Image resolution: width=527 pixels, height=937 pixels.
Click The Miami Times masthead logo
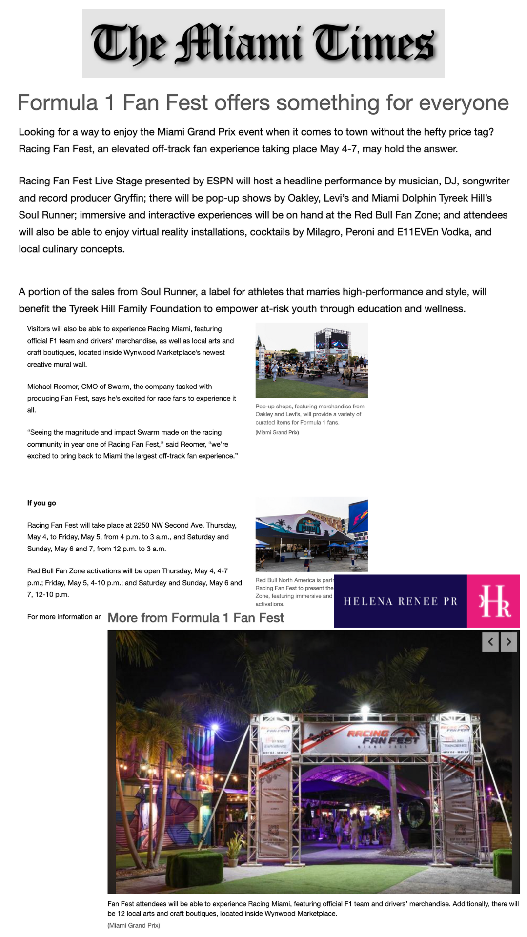click(263, 43)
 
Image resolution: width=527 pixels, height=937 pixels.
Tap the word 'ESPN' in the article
click(220, 181)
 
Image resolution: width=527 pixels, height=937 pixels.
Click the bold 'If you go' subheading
click(41, 503)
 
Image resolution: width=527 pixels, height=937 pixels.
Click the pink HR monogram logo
click(494, 601)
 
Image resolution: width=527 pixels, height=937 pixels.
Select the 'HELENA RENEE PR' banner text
click(401, 601)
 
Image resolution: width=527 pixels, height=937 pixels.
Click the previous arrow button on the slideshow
click(490, 642)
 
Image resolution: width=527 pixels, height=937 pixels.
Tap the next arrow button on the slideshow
click(508, 642)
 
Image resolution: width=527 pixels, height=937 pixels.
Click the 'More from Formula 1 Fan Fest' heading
click(196, 618)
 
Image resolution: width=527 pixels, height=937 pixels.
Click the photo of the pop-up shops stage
click(311, 361)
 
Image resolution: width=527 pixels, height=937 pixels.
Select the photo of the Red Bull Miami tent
click(311, 534)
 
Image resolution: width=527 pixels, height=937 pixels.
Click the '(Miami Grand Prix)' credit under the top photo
click(277, 432)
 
